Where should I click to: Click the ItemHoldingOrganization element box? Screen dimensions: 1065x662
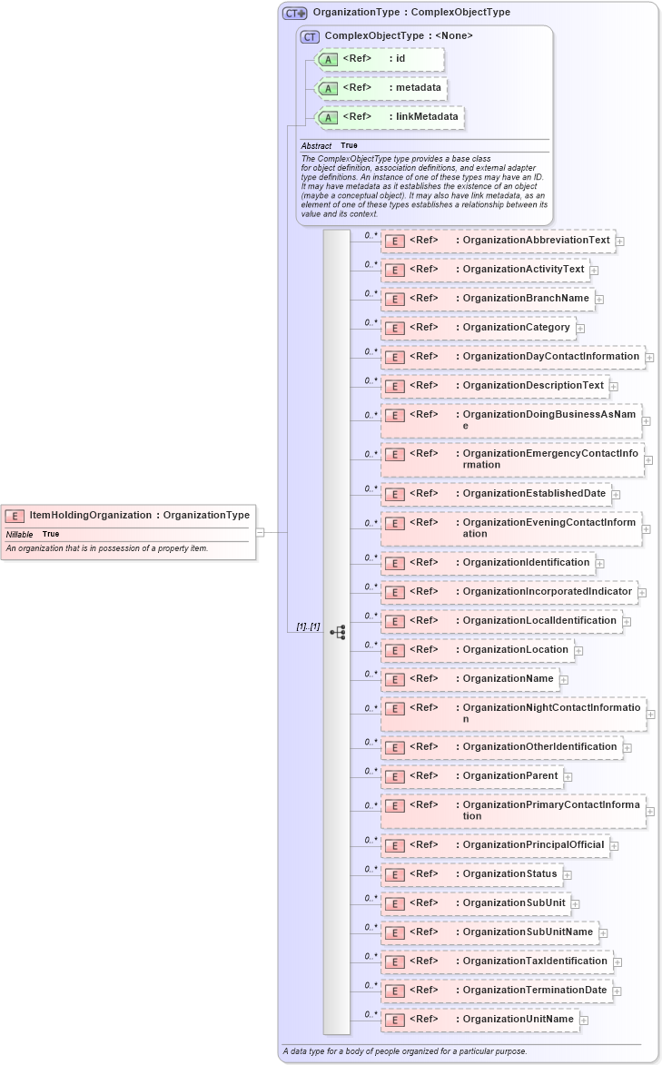127,516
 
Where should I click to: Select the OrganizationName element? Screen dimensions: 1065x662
469,678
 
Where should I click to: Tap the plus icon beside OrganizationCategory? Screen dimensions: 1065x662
580,328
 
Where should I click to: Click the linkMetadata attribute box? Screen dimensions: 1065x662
389,117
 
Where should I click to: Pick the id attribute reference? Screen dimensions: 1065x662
379,59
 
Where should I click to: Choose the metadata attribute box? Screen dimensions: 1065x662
380,88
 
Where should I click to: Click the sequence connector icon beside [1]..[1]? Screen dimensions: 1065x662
338,632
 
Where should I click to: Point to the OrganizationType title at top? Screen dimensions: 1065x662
410,13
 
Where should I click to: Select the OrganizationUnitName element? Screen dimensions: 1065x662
479,1020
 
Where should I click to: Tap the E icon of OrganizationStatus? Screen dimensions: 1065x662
394,875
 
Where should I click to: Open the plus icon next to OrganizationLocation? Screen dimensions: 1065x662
578,650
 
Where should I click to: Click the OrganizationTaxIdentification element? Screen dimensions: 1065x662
496,961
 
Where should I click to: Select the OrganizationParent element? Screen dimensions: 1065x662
472,776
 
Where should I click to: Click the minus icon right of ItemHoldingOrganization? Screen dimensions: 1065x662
260,533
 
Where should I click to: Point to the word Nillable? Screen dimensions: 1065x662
19,534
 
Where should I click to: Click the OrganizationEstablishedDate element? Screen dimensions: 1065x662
495,494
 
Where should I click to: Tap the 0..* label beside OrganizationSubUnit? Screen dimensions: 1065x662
370,898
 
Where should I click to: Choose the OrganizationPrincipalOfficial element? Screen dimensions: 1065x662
494,845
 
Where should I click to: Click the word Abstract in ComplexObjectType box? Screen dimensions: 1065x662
316,145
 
